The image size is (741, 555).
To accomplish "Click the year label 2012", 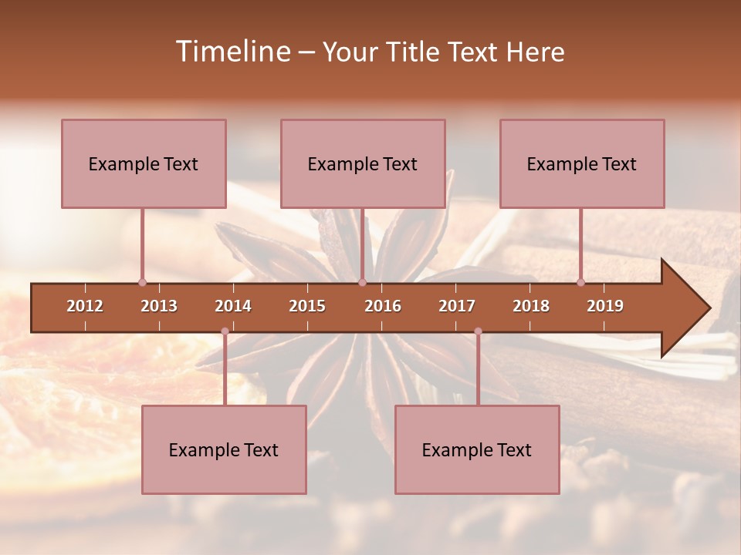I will tap(85, 306).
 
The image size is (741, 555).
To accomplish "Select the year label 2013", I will tap(159, 306).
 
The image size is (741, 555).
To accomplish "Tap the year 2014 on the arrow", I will tap(233, 306).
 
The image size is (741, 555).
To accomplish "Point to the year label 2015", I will tap(307, 306).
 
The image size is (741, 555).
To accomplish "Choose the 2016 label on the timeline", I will tap(383, 306).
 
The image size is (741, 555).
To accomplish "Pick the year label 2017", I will tap(457, 306).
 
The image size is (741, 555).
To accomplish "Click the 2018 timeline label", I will tap(531, 306).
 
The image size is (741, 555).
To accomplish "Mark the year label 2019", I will tap(605, 306).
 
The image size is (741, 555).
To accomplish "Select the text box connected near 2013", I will tap(144, 163).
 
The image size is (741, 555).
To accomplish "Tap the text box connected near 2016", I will tap(363, 163).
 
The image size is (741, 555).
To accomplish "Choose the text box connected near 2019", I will tap(582, 163).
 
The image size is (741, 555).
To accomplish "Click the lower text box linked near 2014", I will tap(224, 449).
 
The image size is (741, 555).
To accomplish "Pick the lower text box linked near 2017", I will tap(477, 449).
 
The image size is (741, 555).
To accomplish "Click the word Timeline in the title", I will tap(232, 52).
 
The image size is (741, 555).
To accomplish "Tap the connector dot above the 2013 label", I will tap(142, 282).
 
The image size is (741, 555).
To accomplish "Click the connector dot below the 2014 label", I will tap(225, 331).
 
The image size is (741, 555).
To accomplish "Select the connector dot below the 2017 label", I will tap(478, 331).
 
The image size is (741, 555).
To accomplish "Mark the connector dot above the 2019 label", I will tap(581, 282).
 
